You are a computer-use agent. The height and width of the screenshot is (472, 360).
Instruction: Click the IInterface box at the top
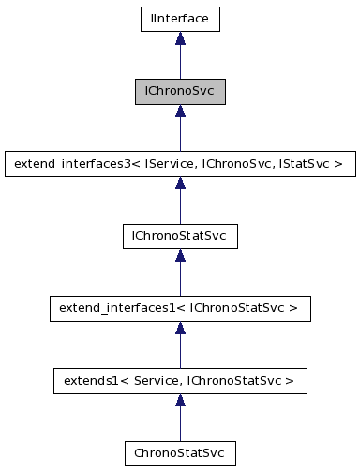click(180, 18)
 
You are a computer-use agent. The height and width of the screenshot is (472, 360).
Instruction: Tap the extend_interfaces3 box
click(180, 164)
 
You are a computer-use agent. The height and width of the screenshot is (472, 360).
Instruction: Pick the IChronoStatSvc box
click(180, 236)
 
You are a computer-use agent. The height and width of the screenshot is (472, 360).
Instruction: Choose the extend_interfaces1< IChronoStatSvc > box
click(180, 308)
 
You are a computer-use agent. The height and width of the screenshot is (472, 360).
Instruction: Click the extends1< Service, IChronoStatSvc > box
click(180, 381)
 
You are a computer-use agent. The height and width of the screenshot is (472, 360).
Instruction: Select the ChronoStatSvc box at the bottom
click(180, 453)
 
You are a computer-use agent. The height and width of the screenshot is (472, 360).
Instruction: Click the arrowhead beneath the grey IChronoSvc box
click(180, 111)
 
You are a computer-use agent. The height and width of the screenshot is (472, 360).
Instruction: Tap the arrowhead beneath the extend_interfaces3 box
click(180, 184)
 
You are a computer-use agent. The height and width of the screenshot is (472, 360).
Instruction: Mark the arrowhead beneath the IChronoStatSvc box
click(180, 256)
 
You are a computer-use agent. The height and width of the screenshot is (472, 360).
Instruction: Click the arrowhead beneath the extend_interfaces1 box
click(180, 328)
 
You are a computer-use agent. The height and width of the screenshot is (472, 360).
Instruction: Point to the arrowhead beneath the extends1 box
click(180, 401)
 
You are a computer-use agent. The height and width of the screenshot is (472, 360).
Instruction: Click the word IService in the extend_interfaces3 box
click(164, 164)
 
